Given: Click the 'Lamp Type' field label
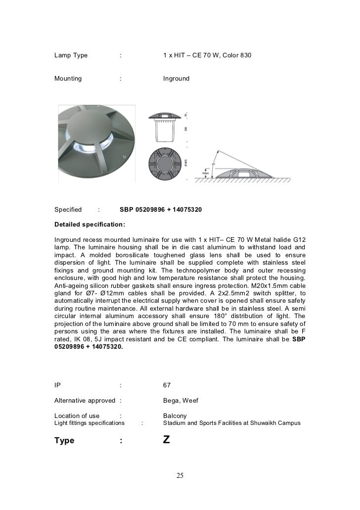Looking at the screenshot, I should tap(71, 55).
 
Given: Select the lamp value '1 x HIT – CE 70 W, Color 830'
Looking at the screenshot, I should tap(207, 55).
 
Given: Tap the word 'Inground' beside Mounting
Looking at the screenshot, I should tap(176, 78).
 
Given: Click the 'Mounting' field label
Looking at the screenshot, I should tap(68, 78).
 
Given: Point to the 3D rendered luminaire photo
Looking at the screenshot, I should tap(95, 143).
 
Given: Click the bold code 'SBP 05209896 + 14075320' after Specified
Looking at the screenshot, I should tap(161, 210).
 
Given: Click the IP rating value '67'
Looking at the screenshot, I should tap(167, 385).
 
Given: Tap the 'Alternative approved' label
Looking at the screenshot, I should tap(85, 400).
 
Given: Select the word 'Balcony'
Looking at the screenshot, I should tap(175, 416).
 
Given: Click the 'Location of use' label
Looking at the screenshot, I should tap(77, 416).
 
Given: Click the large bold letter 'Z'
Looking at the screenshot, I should tap(167, 440).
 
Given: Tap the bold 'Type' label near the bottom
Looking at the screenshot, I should tap(64, 440).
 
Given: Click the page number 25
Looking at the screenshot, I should tap(180, 476).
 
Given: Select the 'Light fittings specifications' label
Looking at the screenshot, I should tap(90, 423).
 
